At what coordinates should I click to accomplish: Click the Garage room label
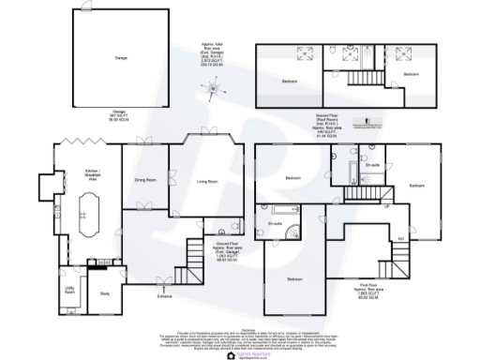(x=120, y=58)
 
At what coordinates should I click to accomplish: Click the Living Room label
(x=206, y=180)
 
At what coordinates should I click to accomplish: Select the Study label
(x=105, y=294)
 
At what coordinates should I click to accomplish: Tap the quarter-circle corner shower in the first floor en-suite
(x=294, y=236)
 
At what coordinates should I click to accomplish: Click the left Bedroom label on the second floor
(x=289, y=82)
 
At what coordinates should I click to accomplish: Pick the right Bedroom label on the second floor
(x=411, y=73)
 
